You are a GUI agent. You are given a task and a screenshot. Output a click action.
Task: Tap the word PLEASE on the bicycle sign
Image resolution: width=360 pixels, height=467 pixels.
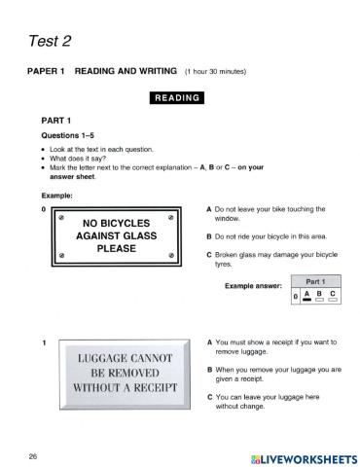pyautogui.click(x=116, y=248)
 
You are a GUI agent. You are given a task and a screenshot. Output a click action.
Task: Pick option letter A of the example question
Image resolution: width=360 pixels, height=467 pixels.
pyautogui.click(x=209, y=209)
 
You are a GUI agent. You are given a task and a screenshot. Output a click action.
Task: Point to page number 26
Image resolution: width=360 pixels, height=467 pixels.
pyautogui.click(x=33, y=455)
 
